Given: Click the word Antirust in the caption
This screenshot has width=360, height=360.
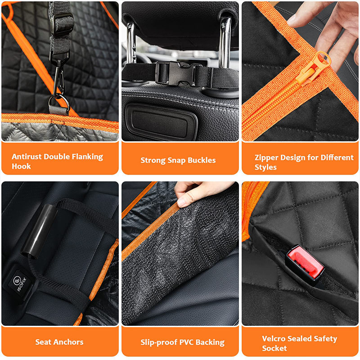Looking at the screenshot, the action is pos(27,157).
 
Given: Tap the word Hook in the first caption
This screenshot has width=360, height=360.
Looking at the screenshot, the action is pos(21,166).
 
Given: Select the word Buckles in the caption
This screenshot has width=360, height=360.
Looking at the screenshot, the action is pos(202,160).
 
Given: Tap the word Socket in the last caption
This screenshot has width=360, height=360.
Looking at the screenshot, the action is pos(274,348).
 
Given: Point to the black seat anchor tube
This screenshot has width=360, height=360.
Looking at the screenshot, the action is pos(39,231).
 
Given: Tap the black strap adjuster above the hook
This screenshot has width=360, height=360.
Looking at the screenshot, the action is pos(62,23).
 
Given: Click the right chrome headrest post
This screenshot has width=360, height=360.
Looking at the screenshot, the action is pos(225,43).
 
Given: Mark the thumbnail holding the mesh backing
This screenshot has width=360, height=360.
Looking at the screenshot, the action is pos(182,203).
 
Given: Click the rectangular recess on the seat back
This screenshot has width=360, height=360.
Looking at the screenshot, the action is pos(161,122).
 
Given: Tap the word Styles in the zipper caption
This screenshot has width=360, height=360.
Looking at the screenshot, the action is pos(265,167).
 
